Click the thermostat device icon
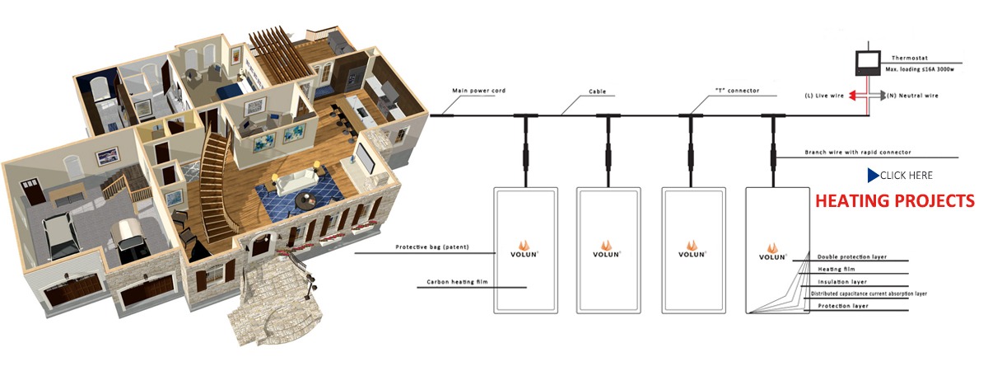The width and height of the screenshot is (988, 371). tap(867, 63)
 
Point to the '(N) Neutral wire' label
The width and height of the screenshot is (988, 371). tap(911, 96)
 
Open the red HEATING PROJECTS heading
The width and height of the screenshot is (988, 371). tap(894, 201)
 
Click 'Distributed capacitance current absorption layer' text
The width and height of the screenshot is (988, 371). tap(869, 294)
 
